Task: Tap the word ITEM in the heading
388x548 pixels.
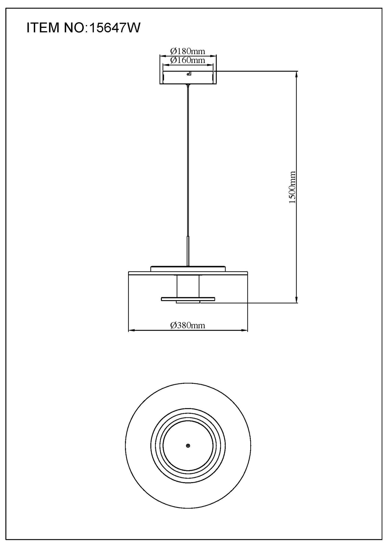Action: [43, 28]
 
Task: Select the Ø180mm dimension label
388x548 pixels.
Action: [188, 51]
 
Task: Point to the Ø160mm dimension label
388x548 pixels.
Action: [188, 60]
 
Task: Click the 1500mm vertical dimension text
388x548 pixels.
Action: [292, 187]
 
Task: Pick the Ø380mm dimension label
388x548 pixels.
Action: [188, 325]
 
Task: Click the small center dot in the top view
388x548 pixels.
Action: [188, 446]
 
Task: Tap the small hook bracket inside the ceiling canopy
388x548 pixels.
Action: [189, 73]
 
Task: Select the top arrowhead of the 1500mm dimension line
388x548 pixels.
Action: [296, 73]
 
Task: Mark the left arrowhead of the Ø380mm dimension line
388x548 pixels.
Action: [130, 330]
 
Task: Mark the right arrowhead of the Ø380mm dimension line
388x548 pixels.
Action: [245, 330]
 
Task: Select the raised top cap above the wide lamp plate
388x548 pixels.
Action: [188, 269]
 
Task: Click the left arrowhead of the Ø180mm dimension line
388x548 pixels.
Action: [162, 56]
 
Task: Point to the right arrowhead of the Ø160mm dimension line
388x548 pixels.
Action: [212, 64]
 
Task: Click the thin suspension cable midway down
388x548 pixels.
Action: [188, 161]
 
